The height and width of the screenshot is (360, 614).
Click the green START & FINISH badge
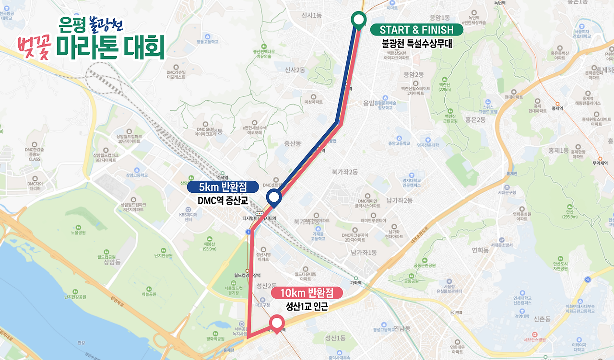coord(416,30)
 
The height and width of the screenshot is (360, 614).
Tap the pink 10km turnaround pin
coord(276,323)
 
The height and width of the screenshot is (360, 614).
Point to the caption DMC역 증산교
coord(222,201)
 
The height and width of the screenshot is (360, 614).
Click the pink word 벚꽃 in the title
coord(34,47)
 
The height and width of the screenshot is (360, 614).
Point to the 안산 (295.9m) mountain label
coord(569,213)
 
